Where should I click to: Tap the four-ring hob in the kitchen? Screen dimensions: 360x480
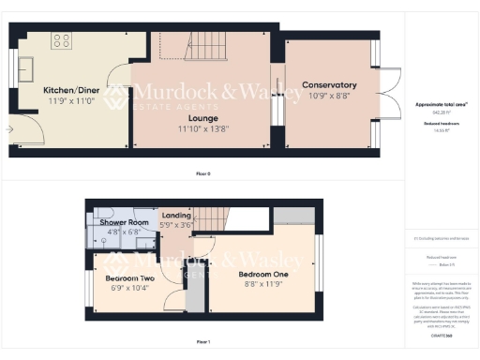click(63, 41)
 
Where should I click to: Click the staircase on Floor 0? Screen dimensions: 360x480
click(202, 41)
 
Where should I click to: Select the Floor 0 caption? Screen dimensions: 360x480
click(202, 174)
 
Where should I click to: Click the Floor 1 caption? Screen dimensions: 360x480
click(202, 342)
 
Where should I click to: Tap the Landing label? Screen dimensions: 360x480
click(176, 216)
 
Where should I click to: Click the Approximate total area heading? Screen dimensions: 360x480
click(441, 105)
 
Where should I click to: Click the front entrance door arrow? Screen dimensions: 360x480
click(10, 128)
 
